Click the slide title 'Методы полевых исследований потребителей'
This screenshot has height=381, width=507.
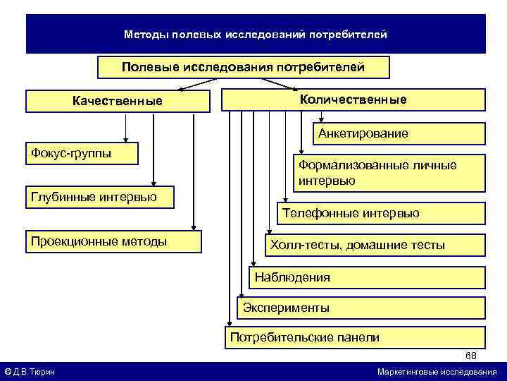255,34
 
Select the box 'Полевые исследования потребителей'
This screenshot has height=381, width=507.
243,67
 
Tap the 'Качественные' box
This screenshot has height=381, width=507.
118,101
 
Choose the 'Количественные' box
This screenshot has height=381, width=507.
353,99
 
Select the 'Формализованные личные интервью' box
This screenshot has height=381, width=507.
389,173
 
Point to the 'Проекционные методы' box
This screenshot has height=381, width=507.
113,241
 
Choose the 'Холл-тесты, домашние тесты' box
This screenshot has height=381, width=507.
373,245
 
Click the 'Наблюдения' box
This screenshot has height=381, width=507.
367,277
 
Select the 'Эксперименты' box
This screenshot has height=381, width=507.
361,308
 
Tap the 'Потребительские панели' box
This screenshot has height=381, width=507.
354,337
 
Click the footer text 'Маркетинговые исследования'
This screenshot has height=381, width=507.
437,372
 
